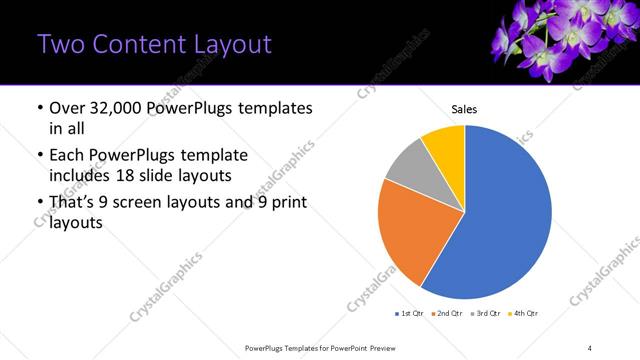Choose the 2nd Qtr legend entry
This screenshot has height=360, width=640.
445,313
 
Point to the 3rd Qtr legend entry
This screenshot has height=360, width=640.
484,313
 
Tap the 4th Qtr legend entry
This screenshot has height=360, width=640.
523,313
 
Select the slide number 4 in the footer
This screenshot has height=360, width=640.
590,347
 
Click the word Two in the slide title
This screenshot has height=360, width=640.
57,44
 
